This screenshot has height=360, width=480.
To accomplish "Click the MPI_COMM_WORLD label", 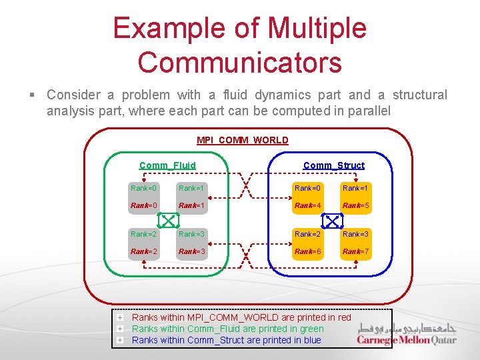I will [243, 140].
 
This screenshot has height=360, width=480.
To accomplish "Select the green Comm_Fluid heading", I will [167, 165].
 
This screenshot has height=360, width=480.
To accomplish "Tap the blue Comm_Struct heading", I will [334, 165].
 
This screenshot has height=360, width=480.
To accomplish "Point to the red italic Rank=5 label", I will [355, 205].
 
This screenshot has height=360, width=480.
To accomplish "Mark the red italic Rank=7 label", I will [355, 251].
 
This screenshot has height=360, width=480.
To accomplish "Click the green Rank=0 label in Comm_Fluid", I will [144, 189].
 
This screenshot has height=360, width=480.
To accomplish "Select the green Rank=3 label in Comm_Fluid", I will [191, 234].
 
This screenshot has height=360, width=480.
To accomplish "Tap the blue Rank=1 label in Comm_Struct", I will [355, 189].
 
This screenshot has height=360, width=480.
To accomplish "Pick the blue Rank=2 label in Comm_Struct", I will [308, 234].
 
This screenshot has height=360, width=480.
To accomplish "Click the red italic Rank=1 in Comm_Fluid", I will [191, 205].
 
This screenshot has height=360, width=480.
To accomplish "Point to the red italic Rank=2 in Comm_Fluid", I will [144, 251].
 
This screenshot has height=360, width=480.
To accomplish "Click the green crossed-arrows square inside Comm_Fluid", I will [167, 219].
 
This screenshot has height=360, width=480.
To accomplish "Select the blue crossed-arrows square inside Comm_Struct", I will [332, 219].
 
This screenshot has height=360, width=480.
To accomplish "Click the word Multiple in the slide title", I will [316, 28].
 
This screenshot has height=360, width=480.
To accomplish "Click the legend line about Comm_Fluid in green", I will [227, 329].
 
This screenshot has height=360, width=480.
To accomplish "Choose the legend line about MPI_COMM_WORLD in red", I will [241, 317].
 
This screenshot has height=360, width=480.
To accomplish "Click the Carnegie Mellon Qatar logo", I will [407, 334].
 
